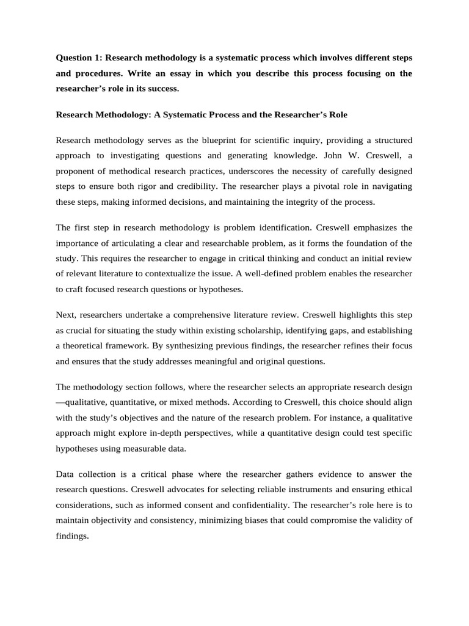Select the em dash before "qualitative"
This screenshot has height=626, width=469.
pos(60,403)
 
